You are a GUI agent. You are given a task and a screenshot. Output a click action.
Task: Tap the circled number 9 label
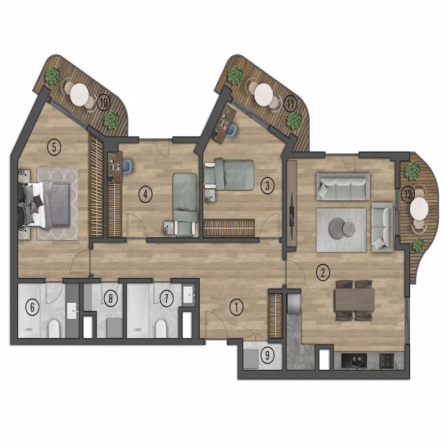coord(267,355)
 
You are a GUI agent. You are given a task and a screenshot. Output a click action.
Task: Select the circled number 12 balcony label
coord(408,195)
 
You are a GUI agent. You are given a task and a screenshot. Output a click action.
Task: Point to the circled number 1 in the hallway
coord(236,307)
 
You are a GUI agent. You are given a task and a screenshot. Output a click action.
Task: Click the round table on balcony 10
coord(80,94)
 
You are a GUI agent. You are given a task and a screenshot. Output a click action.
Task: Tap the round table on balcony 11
coord(264,94)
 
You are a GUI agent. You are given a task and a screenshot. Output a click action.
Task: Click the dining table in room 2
coord(355,300)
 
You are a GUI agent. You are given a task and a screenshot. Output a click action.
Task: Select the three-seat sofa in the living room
coord(343,187)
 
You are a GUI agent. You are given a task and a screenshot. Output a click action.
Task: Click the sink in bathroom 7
coord(188,295)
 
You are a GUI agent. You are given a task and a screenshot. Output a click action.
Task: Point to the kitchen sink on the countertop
coord(354,360)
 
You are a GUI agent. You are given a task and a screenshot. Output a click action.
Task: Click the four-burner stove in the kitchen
coord(387,360)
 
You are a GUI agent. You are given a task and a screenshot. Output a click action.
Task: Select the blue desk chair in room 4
coord(127,166)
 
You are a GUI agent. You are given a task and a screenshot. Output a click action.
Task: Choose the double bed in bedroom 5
coord(44,205)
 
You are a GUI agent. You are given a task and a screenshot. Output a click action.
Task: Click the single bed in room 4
coord(186,204)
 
